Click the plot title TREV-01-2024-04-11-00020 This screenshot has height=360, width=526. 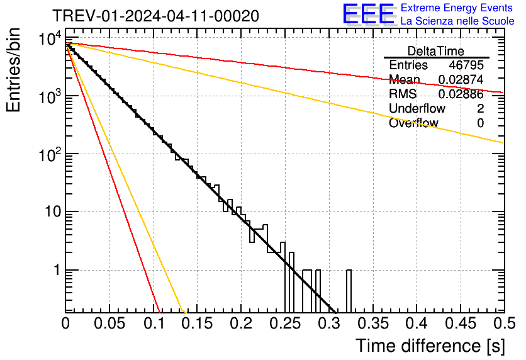pyautogui.click(x=155, y=16)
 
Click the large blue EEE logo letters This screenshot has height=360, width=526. pyautogui.click(x=368, y=14)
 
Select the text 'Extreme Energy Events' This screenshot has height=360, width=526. pyautogui.click(x=457, y=8)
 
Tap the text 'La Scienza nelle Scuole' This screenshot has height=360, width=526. pyautogui.click(x=457, y=21)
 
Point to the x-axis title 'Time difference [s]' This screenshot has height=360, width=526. pyautogui.click(x=429, y=346)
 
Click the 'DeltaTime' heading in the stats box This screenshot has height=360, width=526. pyautogui.click(x=436, y=51)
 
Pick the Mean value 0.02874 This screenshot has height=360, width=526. pyautogui.click(x=461, y=80)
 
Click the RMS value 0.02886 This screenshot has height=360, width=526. pyautogui.click(x=461, y=94)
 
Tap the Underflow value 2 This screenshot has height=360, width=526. pyautogui.click(x=480, y=109)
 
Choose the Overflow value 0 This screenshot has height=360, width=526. pyautogui.click(x=480, y=123)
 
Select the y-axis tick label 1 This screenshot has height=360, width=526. pyautogui.click(x=56, y=270)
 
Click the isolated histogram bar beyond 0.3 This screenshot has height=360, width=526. pyautogui.click(x=349, y=291)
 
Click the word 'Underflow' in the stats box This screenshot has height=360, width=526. pyautogui.click(x=417, y=109)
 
